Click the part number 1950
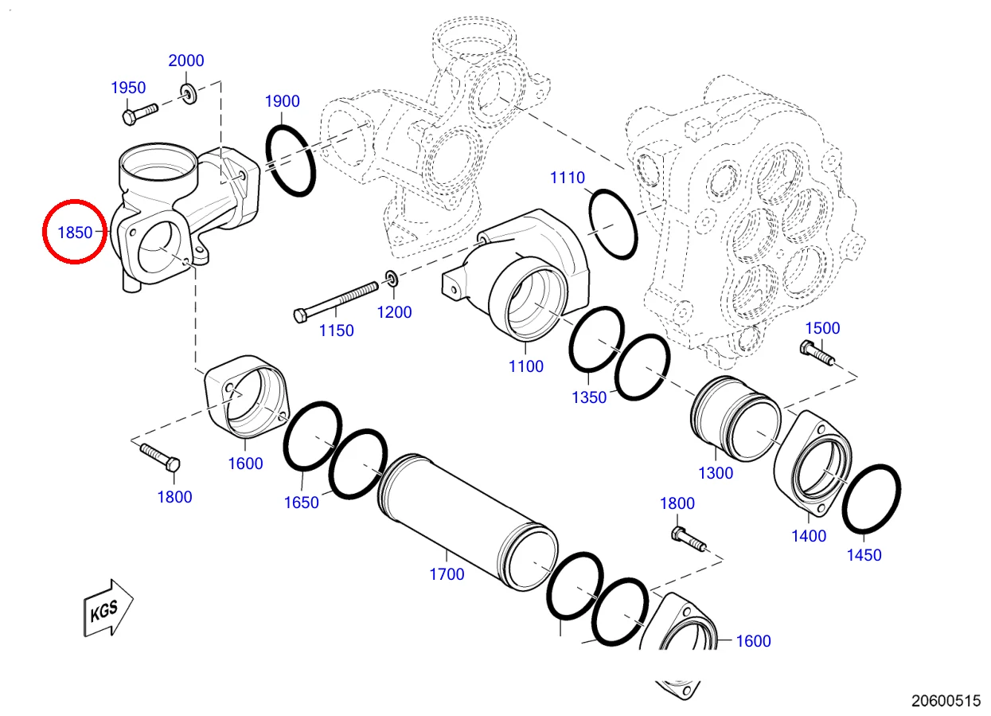tap(127, 88)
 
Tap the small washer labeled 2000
tap(189, 94)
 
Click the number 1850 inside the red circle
tap(76, 233)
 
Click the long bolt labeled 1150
tap(335, 300)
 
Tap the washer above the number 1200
tap(392, 279)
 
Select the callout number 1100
tap(526, 366)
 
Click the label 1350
tap(589, 397)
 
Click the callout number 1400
tap(809, 536)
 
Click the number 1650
tap(302, 503)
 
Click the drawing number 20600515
tap(946, 701)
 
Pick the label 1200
tap(394, 312)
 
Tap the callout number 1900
tap(282, 101)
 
